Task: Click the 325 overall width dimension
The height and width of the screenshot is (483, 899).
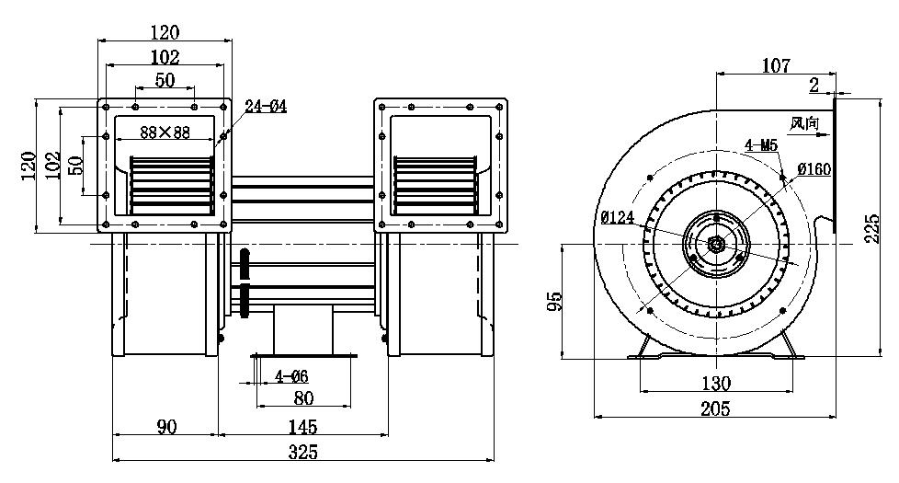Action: [x=302, y=452]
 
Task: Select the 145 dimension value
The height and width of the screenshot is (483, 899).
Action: [x=302, y=427]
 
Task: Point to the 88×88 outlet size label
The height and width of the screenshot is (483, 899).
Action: [x=165, y=132]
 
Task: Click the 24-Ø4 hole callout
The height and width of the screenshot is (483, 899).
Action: [x=267, y=107]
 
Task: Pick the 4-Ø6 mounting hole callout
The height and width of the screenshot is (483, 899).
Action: [x=291, y=376]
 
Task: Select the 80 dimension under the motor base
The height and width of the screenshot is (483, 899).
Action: [x=302, y=398]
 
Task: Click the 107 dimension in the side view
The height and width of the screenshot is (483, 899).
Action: [x=775, y=65]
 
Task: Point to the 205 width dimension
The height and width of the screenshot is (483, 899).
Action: [x=714, y=409]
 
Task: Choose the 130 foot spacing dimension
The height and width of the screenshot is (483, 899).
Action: [x=716, y=383]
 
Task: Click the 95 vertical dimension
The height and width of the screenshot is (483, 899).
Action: [x=552, y=301]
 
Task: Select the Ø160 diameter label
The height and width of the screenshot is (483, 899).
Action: [x=814, y=169]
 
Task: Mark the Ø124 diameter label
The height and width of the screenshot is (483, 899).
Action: [x=619, y=218]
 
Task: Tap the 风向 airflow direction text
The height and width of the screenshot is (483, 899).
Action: [x=803, y=122]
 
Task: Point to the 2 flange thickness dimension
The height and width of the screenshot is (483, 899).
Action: [x=815, y=86]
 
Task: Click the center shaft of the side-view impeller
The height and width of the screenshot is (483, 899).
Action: [x=715, y=244]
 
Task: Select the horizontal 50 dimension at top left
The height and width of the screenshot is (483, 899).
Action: [x=165, y=81]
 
